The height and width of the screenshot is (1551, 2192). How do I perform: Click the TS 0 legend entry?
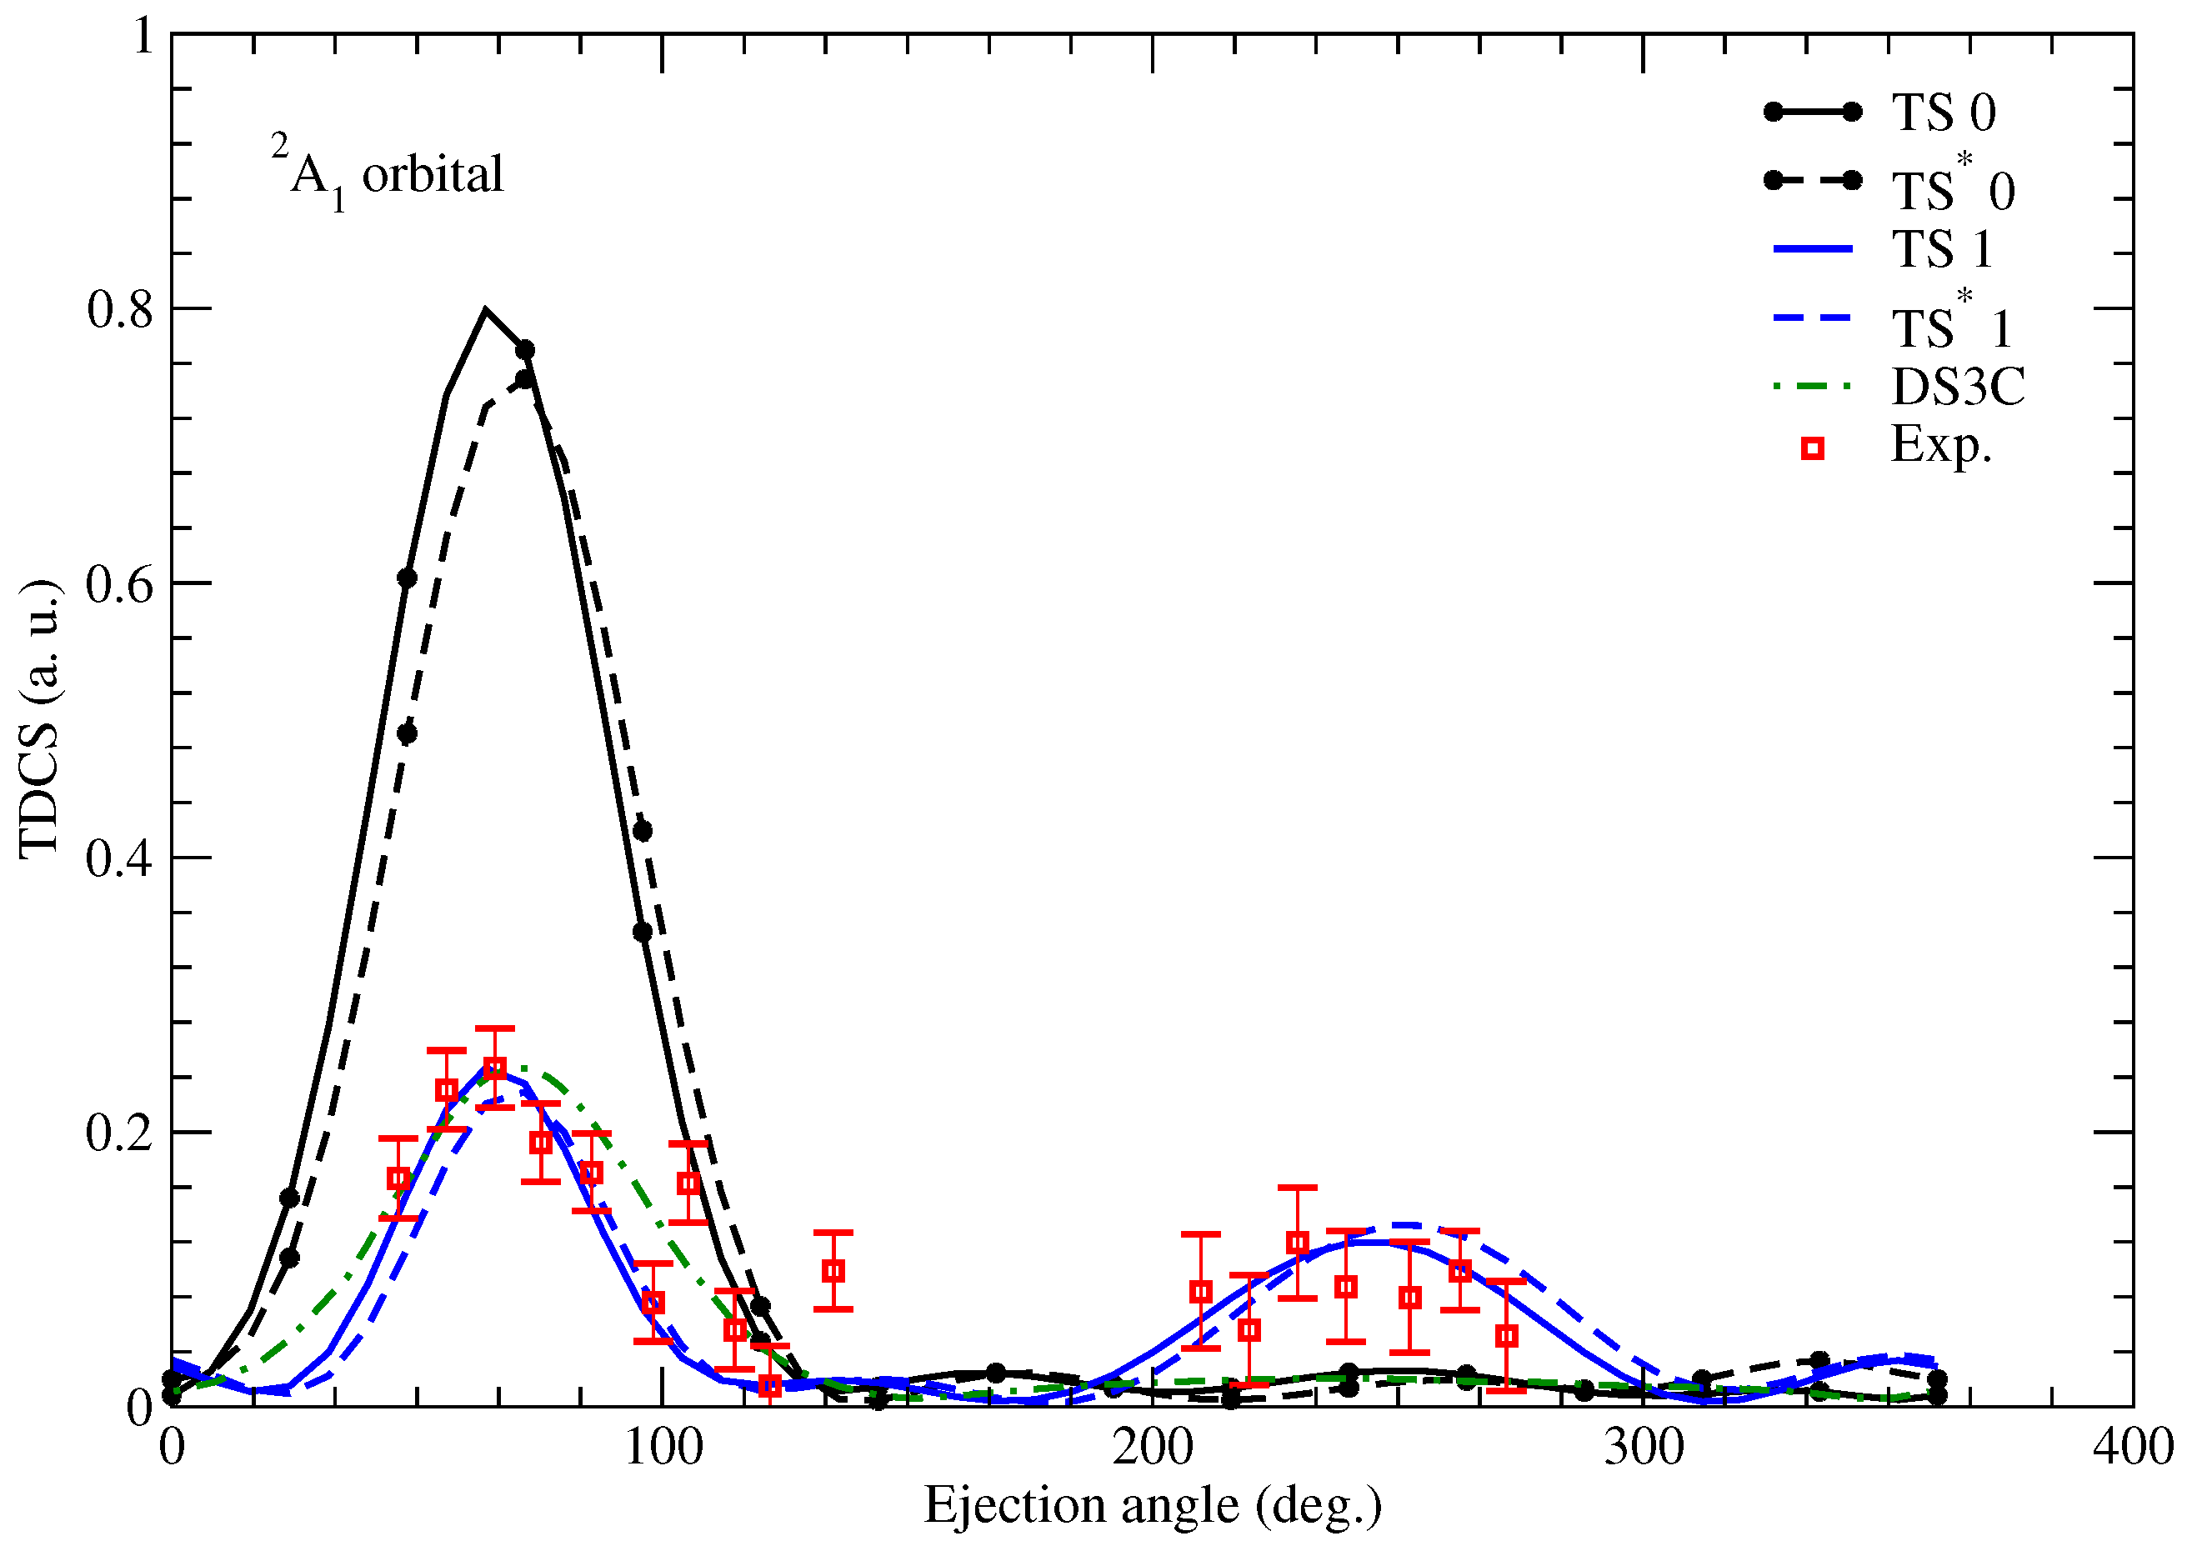(x=1943, y=113)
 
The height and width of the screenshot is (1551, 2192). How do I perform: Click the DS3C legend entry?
(x=1957, y=387)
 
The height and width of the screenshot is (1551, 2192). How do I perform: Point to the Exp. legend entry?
(x=1941, y=445)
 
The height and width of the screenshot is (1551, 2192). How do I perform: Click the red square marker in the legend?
(x=1812, y=449)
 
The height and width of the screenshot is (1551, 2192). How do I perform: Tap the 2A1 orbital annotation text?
(x=387, y=174)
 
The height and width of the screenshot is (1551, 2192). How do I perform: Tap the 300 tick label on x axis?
(x=1643, y=1448)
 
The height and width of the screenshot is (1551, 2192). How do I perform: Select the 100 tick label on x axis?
(x=663, y=1448)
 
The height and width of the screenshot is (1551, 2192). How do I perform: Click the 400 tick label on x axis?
(x=2133, y=1448)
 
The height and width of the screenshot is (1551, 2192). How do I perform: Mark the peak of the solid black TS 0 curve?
(x=485, y=309)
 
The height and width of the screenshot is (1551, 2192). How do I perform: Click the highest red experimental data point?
(x=493, y=1068)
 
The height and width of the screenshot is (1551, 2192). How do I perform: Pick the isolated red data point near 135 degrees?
(x=833, y=1271)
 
